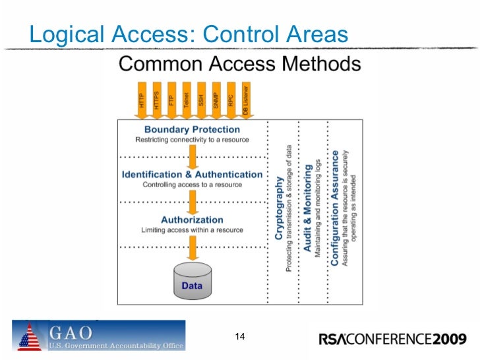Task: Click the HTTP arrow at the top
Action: pyautogui.click(x=141, y=100)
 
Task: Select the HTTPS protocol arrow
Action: pyautogui.click(x=156, y=100)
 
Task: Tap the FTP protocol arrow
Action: pyautogui.click(x=171, y=100)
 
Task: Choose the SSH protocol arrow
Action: pyautogui.click(x=201, y=100)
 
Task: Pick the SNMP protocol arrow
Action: pyautogui.click(x=216, y=100)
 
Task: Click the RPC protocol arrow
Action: pyautogui.click(x=231, y=100)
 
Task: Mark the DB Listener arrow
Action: pyautogui.click(x=245, y=100)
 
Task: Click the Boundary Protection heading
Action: pyautogui.click(x=192, y=130)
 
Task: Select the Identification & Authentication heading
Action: pyautogui.click(x=192, y=175)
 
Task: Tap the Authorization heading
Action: pyautogui.click(x=192, y=220)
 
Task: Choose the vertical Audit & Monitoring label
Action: pyautogui.click(x=307, y=208)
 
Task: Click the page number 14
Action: pyautogui.click(x=240, y=338)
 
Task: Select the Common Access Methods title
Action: pyautogui.click(x=239, y=65)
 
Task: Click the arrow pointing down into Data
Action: pyautogui.click(x=192, y=247)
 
